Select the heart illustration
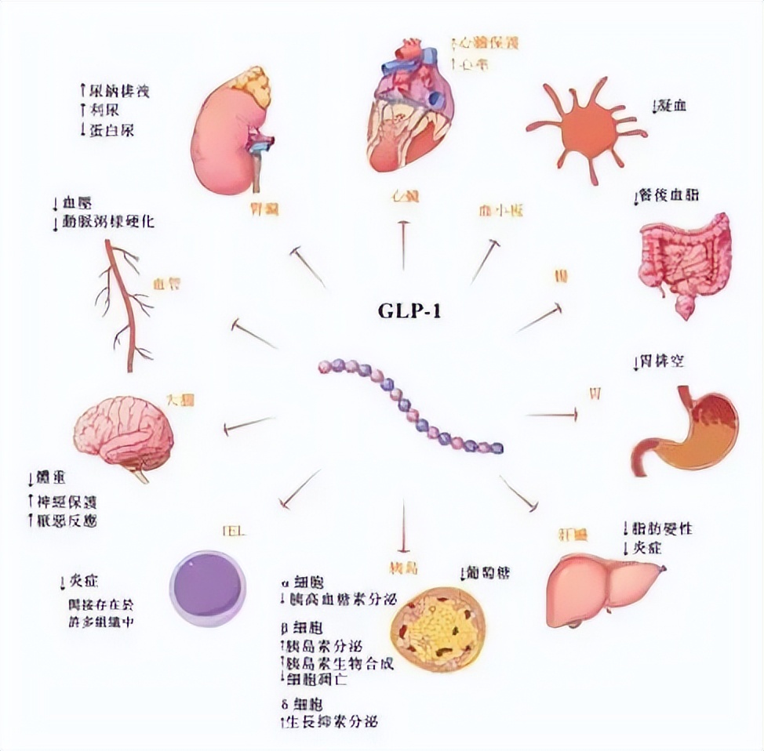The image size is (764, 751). [409, 105]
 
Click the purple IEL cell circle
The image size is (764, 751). [209, 588]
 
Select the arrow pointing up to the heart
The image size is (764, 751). [403, 244]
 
